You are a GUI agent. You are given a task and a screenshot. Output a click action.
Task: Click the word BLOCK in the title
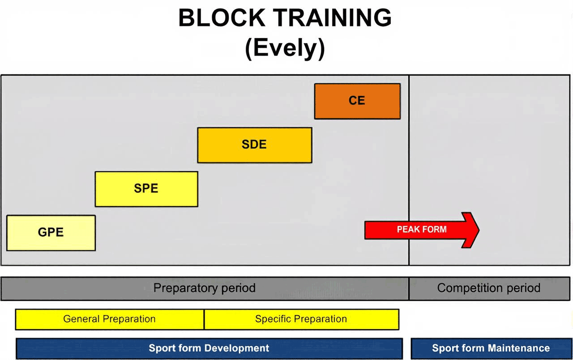coord(222,17)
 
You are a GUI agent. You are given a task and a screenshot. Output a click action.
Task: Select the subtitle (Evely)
coord(285,48)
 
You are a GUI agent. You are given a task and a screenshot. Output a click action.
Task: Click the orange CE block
coord(357,101)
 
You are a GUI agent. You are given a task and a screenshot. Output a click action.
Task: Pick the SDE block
coord(255,145)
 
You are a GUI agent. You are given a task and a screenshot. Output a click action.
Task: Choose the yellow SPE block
coord(146,189)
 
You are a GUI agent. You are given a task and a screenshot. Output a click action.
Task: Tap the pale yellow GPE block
coord(51,233)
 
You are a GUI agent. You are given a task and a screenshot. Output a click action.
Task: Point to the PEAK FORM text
coord(422,229)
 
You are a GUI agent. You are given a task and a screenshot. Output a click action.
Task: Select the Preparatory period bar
coord(205,288)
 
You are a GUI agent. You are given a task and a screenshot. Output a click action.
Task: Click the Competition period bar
coord(489,288)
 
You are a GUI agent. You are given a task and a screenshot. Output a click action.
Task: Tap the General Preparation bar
coord(110,319)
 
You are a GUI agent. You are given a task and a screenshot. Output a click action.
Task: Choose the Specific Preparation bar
coord(302,319)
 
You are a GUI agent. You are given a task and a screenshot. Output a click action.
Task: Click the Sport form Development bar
coord(209,348)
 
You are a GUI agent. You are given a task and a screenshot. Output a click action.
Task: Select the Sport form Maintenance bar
coord(492,348)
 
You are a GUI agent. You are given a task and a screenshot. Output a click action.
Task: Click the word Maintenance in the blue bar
coord(518,348)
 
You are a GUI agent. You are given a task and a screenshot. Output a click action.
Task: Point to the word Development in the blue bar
coord(237,348)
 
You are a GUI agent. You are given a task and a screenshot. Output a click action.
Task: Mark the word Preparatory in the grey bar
coord(186,288)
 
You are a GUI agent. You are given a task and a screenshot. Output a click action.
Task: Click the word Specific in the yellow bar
coord(273,319)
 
